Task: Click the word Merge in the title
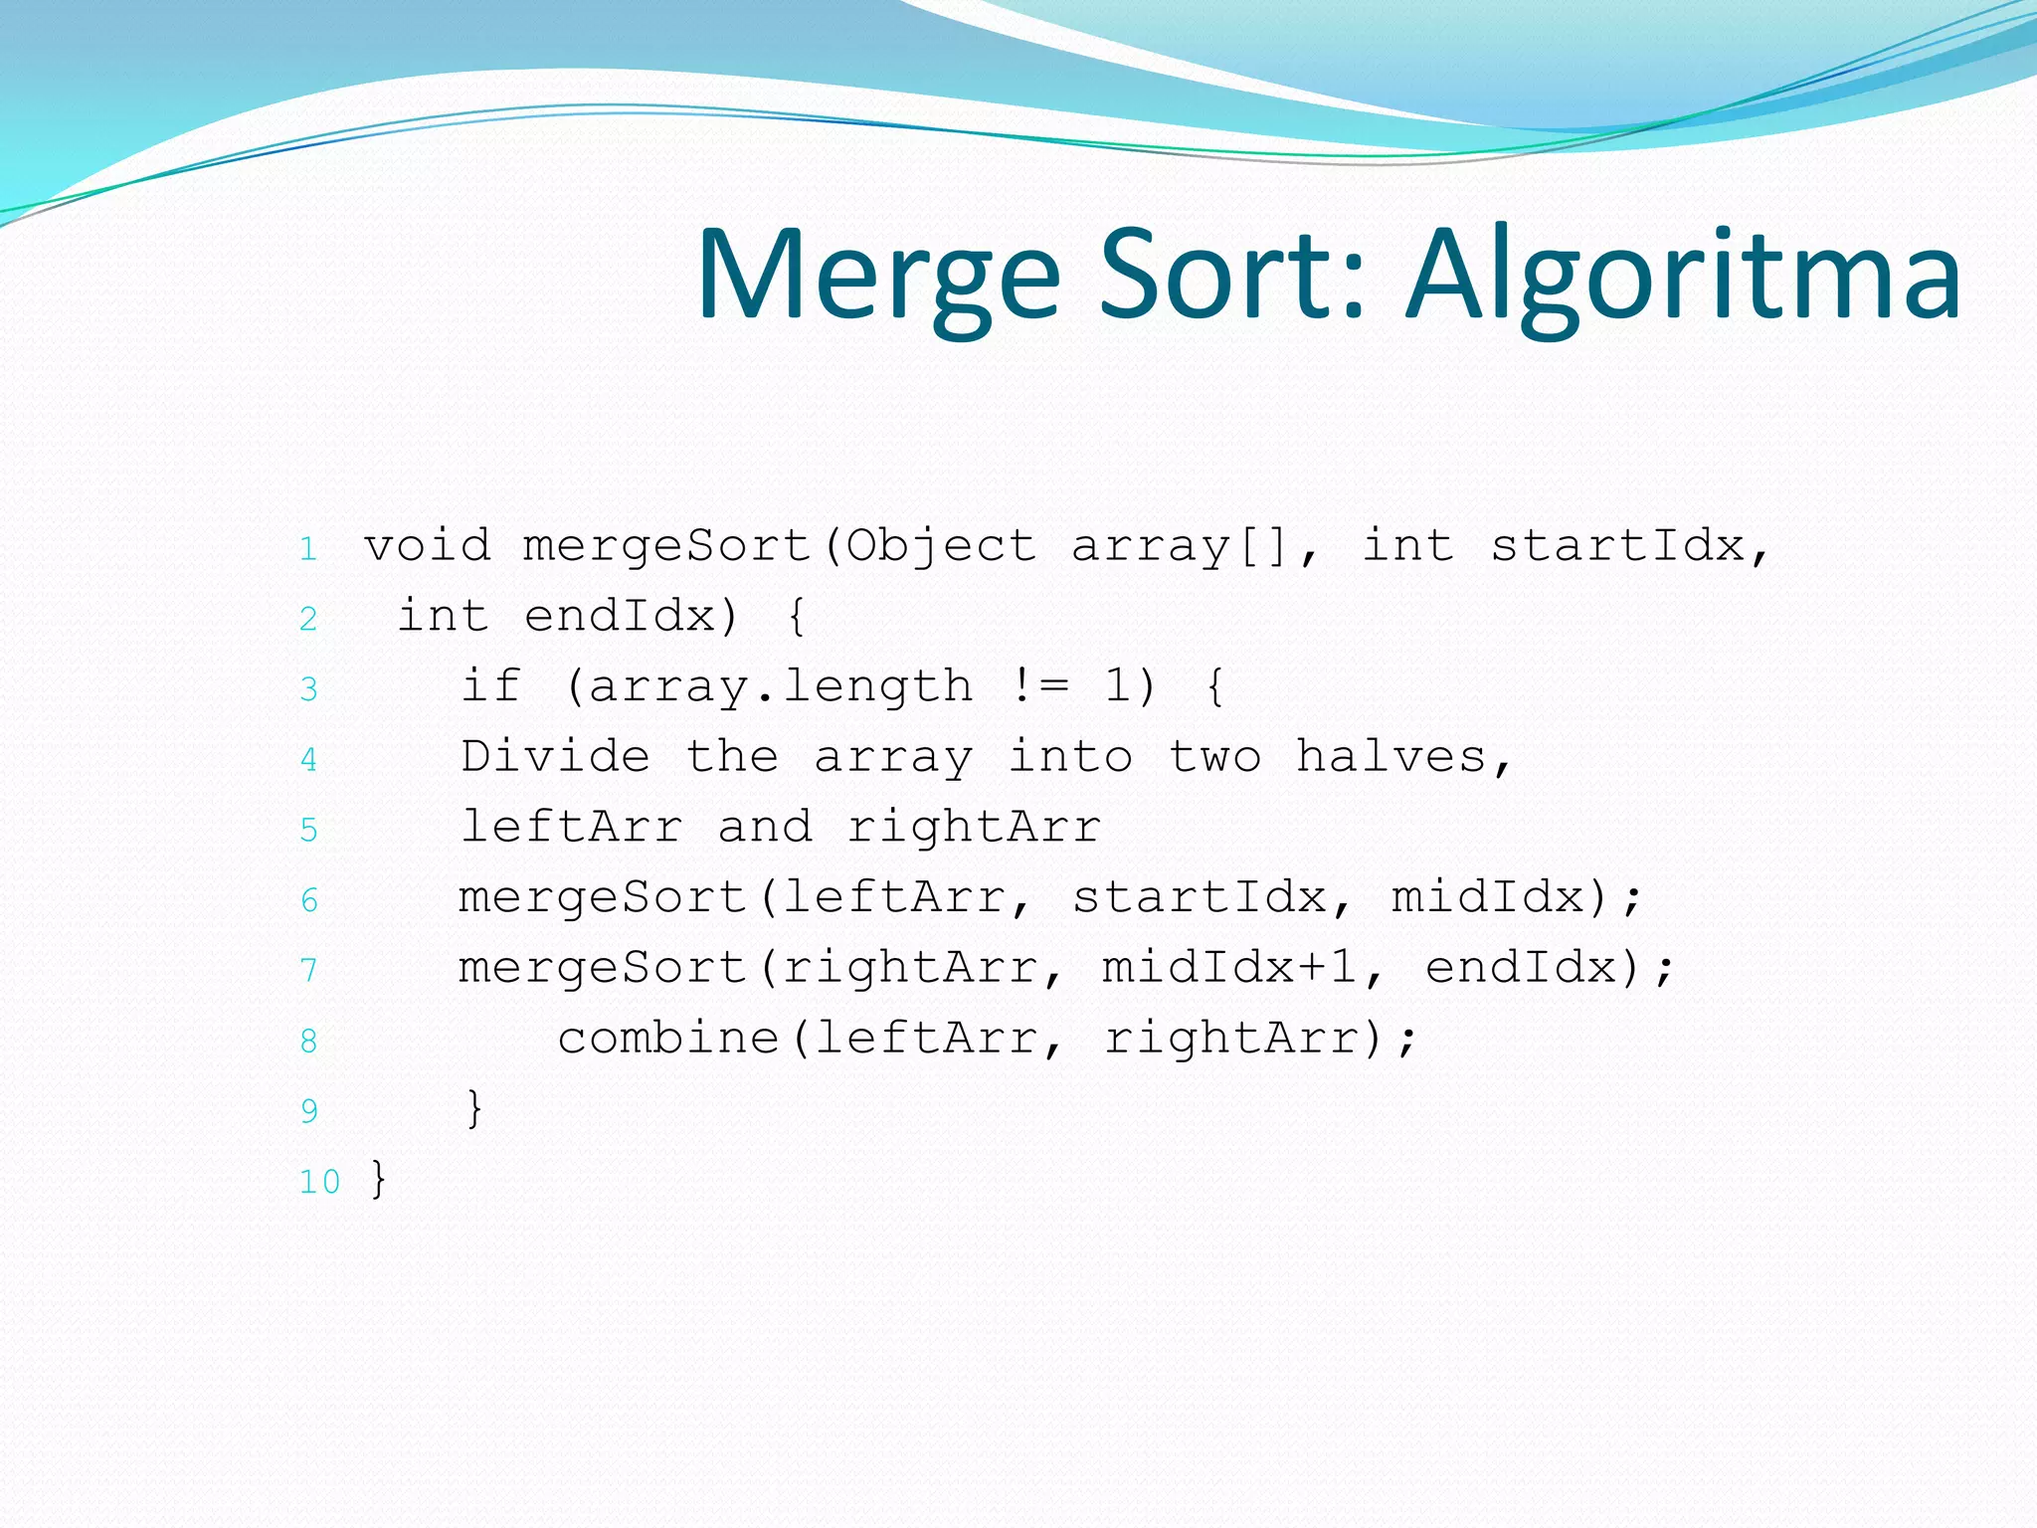pyautogui.click(x=879, y=277)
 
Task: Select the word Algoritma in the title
pyautogui.click(x=1683, y=277)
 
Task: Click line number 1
pyautogui.click(x=308, y=548)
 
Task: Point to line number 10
pyautogui.click(x=319, y=1182)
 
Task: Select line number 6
pyautogui.click(x=308, y=900)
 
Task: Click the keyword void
pyautogui.click(x=428, y=545)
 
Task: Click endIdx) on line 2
pyautogui.click(x=631, y=616)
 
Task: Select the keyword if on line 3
pyautogui.click(x=491, y=685)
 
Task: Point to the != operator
pyautogui.click(x=1039, y=685)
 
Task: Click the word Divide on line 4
pyautogui.click(x=555, y=756)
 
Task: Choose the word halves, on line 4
pyautogui.click(x=1404, y=758)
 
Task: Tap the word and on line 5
pyautogui.click(x=765, y=827)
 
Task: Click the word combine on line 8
pyautogui.click(x=668, y=1039)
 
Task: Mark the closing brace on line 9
pyautogui.click(x=474, y=1108)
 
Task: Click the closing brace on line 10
pyautogui.click(x=378, y=1179)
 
